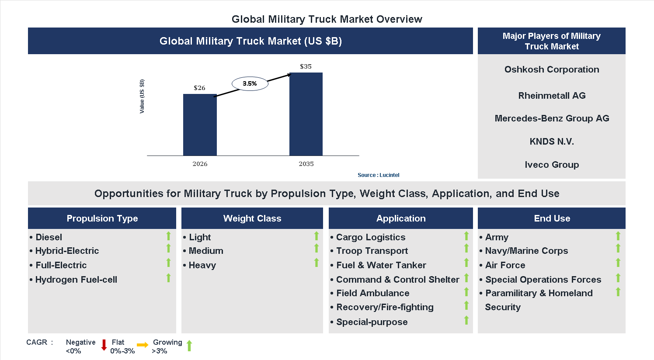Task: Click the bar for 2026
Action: pos(200,125)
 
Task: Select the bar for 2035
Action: pos(306,114)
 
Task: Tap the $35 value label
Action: pos(306,66)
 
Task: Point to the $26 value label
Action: pos(199,88)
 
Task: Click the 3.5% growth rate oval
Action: pos(250,83)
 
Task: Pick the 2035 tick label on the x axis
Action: pos(306,164)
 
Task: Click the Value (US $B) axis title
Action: pos(142,97)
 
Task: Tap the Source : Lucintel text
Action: pos(378,175)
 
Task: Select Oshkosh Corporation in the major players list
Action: pos(551,69)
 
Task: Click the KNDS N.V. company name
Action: pos(551,142)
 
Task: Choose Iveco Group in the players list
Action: pos(551,165)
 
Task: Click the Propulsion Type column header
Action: pos(102,218)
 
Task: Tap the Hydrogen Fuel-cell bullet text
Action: pos(76,280)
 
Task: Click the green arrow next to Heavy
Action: pos(317,263)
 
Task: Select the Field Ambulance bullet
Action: pos(372,293)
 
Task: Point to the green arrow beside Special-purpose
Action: pos(466,320)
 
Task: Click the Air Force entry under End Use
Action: pos(505,265)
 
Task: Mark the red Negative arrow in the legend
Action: pos(104,345)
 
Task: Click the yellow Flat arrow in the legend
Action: pos(143,345)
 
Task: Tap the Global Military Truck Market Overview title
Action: pos(327,19)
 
